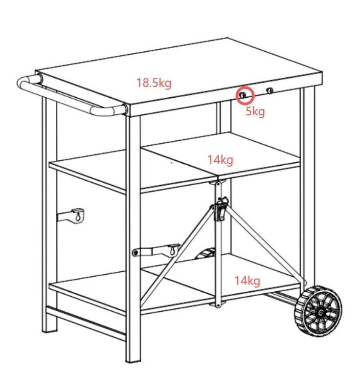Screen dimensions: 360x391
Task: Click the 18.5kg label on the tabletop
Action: coord(154,83)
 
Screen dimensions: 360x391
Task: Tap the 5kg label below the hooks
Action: coord(255,111)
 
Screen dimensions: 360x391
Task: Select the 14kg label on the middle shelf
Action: coord(220,160)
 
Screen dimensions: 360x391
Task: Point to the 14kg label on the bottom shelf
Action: coord(247,281)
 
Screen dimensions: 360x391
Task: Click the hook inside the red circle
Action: coord(242,95)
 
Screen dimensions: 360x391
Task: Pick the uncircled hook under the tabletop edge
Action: coord(270,90)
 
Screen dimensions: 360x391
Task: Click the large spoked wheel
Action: coord(318,311)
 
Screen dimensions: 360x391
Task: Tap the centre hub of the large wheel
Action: coord(320,313)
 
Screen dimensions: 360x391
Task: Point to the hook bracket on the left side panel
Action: coord(71,215)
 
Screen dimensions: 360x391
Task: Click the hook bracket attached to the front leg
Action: coord(157,250)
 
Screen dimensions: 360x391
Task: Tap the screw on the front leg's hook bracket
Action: coord(135,253)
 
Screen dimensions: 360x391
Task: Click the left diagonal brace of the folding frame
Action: coord(179,252)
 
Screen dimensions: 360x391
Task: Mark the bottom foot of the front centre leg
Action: coord(133,359)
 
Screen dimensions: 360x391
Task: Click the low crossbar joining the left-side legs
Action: coord(86,324)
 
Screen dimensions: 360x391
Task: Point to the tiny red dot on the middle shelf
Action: coord(171,163)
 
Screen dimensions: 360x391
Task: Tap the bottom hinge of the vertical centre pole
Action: coord(218,304)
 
